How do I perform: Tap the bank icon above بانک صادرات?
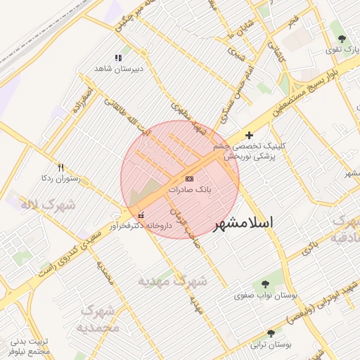(190, 179)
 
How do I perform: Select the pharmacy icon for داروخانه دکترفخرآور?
(142, 215)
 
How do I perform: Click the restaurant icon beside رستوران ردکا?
(60, 168)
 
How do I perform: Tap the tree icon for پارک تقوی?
(342, 39)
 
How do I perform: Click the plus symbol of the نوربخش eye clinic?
(249, 135)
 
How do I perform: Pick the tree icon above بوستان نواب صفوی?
(264, 284)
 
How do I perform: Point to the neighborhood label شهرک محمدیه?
(98, 319)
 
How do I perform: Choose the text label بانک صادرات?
(190, 190)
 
